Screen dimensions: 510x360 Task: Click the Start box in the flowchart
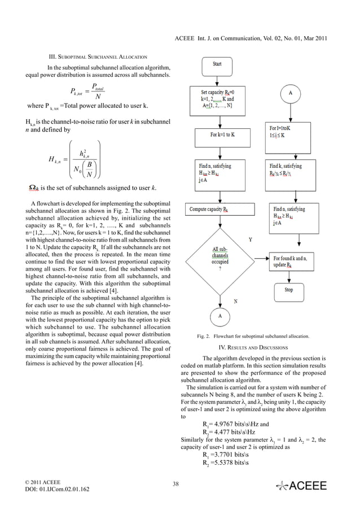coord(217,64)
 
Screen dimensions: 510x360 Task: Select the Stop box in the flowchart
coord(288,290)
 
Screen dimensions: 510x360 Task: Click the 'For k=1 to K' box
coord(217,136)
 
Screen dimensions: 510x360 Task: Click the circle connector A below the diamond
coord(219,317)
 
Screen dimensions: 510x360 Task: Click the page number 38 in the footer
coord(175,483)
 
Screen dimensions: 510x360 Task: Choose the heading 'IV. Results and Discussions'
coord(253,347)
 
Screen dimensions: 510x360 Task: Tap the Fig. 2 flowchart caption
coord(253,337)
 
